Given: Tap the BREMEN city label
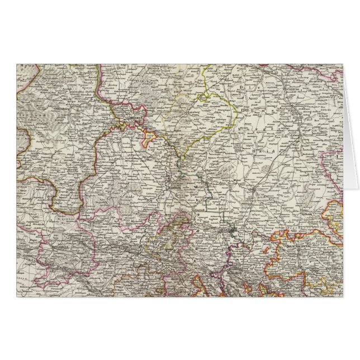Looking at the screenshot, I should (x=134, y=119).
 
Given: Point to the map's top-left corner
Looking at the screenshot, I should (x=17, y=64).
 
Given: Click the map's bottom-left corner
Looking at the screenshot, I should (x=17, y=296).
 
